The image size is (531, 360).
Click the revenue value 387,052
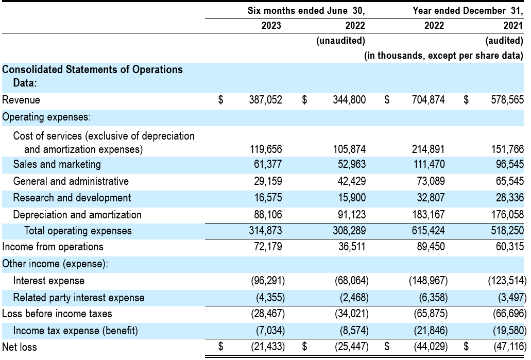(265, 100)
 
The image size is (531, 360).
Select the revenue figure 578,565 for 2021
(507, 100)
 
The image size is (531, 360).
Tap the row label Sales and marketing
(57, 164)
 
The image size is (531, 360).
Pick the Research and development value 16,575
(268, 198)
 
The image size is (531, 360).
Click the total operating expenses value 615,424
(429, 231)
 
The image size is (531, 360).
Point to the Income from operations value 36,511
(352, 247)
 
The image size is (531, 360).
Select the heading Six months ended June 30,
(306, 10)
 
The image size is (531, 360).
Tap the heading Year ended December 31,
(468, 10)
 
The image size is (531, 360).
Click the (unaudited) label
(340, 41)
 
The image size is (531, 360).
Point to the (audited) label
(504, 41)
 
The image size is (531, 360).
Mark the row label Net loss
(19, 347)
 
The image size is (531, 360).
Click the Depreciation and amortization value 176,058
(507, 214)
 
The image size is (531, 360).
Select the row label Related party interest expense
(79, 298)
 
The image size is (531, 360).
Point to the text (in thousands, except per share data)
(443, 56)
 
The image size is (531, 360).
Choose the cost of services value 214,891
(429, 149)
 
